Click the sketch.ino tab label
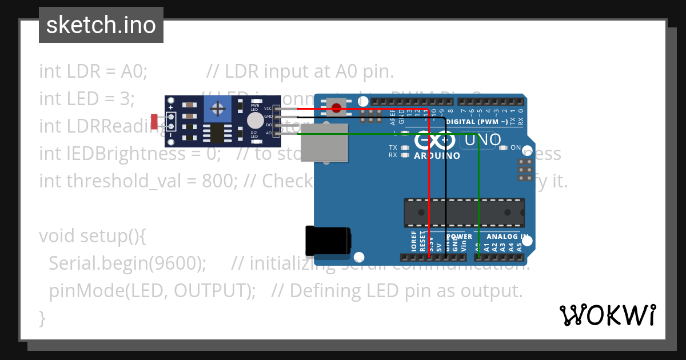pyautogui.click(x=101, y=25)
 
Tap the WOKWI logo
pyautogui.click(x=607, y=315)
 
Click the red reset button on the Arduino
pyautogui.click(x=337, y=107)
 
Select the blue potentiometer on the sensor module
pyautogui.click(x=217, y=109)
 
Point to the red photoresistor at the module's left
pyautogui.click(x=154, y=121)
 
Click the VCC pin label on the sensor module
pyautogui.click(x=268, y=108)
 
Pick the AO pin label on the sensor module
pyautogui.click(x=269, y=133)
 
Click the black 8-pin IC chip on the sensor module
pyautogui.click(x=216, y=133)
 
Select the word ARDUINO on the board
pyautogui.click(x=437, y=156)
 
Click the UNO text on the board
pyautogui.click(x=483, y=139)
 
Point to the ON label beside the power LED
pyautogui.click(x=516, y=147)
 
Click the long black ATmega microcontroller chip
pyautogui.click(x=464, y=211)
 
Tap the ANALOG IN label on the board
pyautogui.click(x=507, y=237)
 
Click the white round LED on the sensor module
pyautogui.click(x=256, y=120)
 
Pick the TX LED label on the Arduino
pyautogui.click(x=393, y=147)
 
